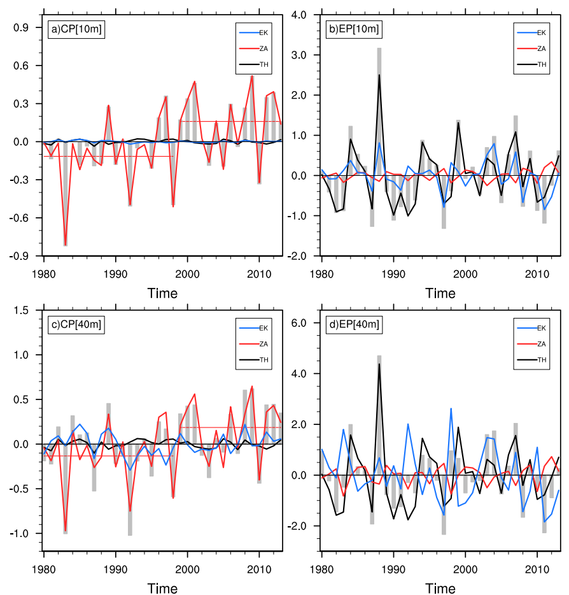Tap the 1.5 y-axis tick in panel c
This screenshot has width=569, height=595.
[29, 310]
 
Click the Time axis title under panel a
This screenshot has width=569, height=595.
[162, 293]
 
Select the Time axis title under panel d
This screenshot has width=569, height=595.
[440, 589]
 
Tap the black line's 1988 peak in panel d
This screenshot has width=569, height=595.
[379, 364]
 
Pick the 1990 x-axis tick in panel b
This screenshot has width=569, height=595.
[393, 269]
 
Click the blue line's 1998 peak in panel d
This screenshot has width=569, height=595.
[451, 409]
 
